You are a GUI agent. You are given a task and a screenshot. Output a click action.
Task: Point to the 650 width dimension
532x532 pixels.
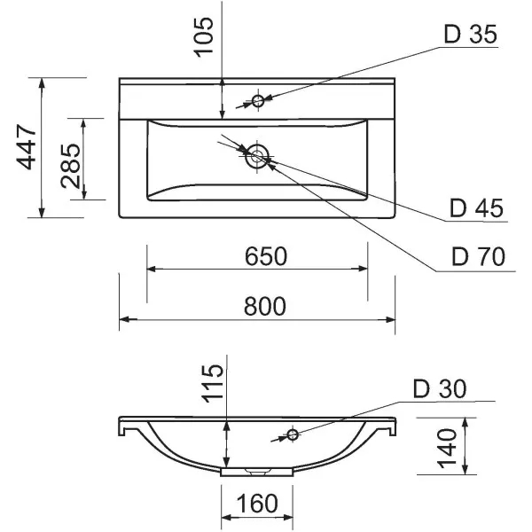coord(265,257)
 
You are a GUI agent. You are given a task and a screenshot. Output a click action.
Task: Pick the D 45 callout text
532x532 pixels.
coord(476,208)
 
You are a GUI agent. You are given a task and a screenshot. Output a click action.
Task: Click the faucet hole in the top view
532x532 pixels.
coord(258,100)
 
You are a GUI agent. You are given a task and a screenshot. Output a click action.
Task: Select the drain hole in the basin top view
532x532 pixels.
coord(258,157)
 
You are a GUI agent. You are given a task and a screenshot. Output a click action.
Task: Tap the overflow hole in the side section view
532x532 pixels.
coord(292,434)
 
